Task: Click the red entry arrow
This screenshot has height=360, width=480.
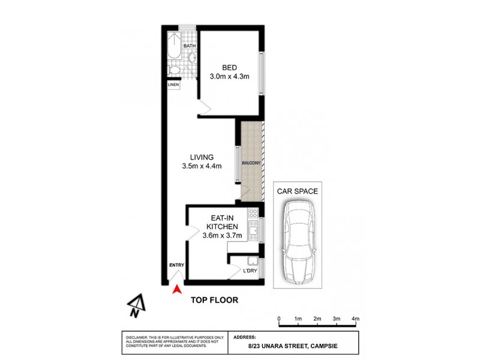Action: tap(177, 291)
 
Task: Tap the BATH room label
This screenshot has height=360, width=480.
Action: tap(189, 46)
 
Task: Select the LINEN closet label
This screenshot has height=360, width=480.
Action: tap(173, 85)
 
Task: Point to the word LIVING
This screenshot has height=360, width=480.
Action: tap(202, 157)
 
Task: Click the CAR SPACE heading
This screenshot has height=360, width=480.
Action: tap(298, 191)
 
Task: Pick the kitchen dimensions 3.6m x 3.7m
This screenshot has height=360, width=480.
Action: tap(223, 235)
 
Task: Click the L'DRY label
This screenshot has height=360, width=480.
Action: tap(250, 271)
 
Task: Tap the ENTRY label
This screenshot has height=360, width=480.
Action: tap(176, 265)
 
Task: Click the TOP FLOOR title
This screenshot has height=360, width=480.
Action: tap(215, 299)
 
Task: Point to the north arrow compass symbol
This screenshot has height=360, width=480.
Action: tap(136, 305)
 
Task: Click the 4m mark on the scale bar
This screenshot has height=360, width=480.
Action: tap(355, 318)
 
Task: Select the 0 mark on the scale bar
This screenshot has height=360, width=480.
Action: tap(279, 318)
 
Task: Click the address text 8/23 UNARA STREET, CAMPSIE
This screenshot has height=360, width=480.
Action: tap(293, 346)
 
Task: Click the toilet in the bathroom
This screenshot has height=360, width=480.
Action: tap(175, 71)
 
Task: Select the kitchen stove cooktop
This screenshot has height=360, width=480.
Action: tap(253, 213)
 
